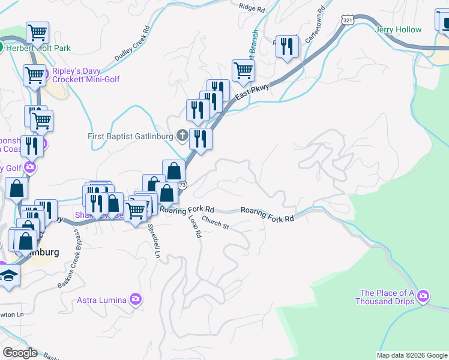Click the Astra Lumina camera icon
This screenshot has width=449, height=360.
click(136, 299)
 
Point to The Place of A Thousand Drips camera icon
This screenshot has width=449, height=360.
click(424, 295)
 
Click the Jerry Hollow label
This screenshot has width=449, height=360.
click(397, 29)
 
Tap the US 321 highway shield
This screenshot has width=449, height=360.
click(348, 20)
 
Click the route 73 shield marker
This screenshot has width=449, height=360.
click(182, 185)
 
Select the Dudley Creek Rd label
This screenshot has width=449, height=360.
click(131, 45)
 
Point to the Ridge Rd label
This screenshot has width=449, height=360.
click(252, 7)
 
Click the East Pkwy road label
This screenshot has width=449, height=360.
click(250, 91)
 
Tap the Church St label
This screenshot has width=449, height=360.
click(215, 223)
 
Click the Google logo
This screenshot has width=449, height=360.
click(20, 353)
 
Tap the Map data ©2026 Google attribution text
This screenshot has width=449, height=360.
click(411, 355)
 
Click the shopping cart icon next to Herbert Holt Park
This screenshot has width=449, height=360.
click(37, 32)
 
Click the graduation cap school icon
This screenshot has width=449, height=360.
click(8, 275)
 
